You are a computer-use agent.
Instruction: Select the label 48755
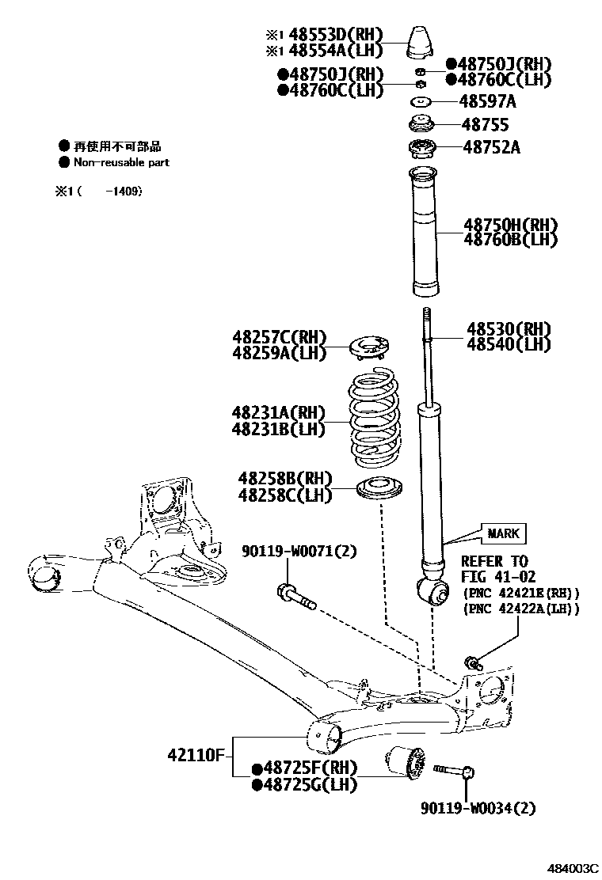coord(486,125)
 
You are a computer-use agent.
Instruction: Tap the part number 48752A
coord(491,147)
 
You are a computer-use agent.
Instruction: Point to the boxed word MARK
coord(502,533)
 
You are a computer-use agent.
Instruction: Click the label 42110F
coord(197,755)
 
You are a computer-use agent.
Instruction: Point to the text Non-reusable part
coord(121,162)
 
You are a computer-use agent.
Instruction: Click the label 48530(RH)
coord(508,328)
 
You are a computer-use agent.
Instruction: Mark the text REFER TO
coord(494,560)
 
